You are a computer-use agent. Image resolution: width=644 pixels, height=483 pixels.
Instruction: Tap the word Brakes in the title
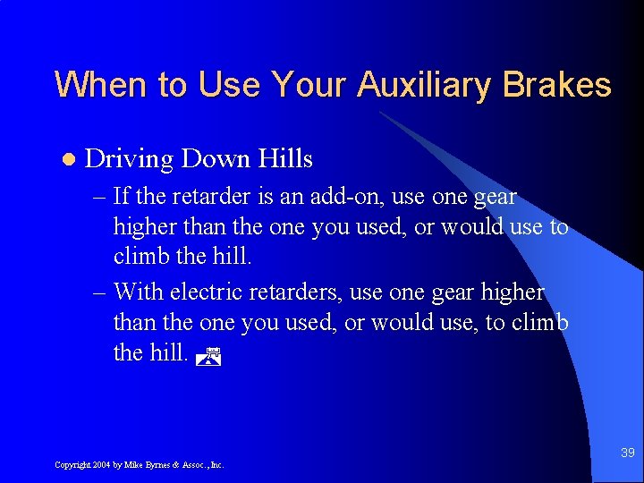[556, 86]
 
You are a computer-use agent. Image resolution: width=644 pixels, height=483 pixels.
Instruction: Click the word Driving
[128, 160]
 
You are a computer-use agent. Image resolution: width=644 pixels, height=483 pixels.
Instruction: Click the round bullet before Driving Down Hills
[67, 160]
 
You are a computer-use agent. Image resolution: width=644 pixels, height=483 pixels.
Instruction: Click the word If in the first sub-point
[123, 197]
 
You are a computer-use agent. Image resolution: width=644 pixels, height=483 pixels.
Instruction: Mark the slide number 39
[627, 453]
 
